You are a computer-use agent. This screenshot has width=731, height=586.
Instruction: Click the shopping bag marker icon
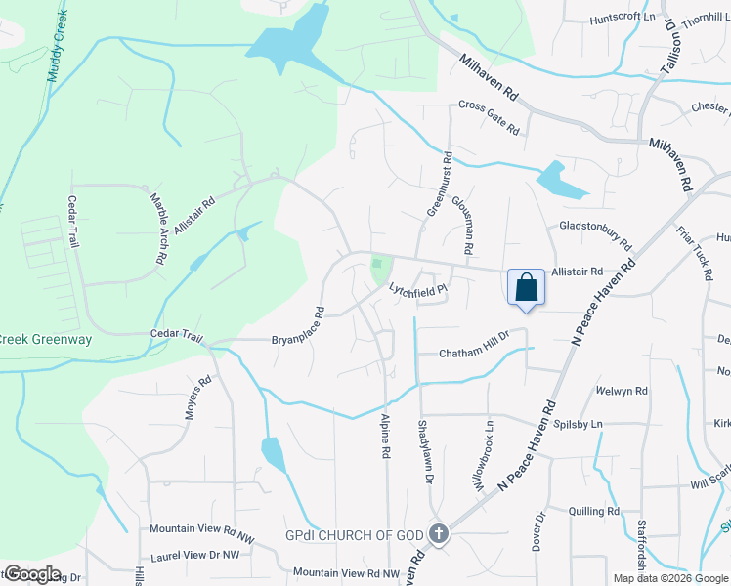coord(526,288)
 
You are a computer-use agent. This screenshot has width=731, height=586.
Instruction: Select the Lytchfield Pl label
coord(417,289)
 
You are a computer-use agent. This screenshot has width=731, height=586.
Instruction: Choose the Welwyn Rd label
coord(626,391)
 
